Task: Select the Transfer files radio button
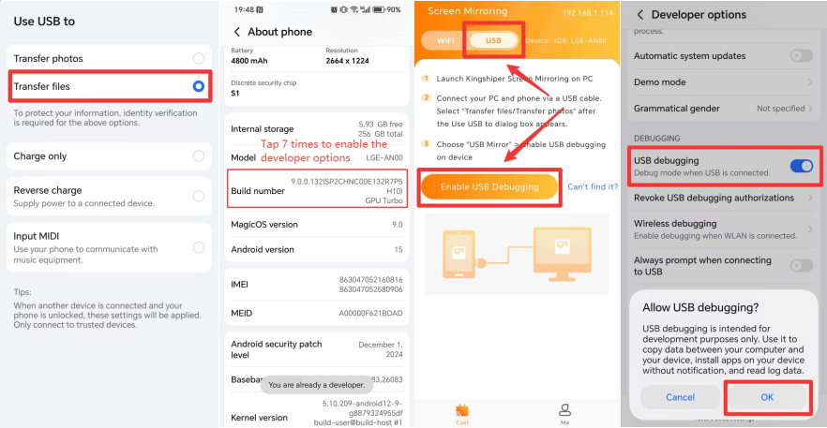point(199,86)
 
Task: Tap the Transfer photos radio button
point(199,58)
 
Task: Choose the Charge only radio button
point(199,156)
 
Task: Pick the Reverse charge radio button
point(199,196)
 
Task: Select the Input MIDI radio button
point(199,247)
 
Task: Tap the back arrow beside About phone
point(237,32)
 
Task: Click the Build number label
point(258,191)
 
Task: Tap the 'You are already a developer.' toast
point(317,385)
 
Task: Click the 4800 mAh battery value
point(249,61)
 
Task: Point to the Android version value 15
point(398,249)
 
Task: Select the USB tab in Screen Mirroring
point(493,40)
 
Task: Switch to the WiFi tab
point(445,40)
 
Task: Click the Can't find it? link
point(593,186)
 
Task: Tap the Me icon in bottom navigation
point(564,414)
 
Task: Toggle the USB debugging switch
point(801,166)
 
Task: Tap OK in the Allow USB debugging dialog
point(767,397)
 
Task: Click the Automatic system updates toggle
point(801,56)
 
